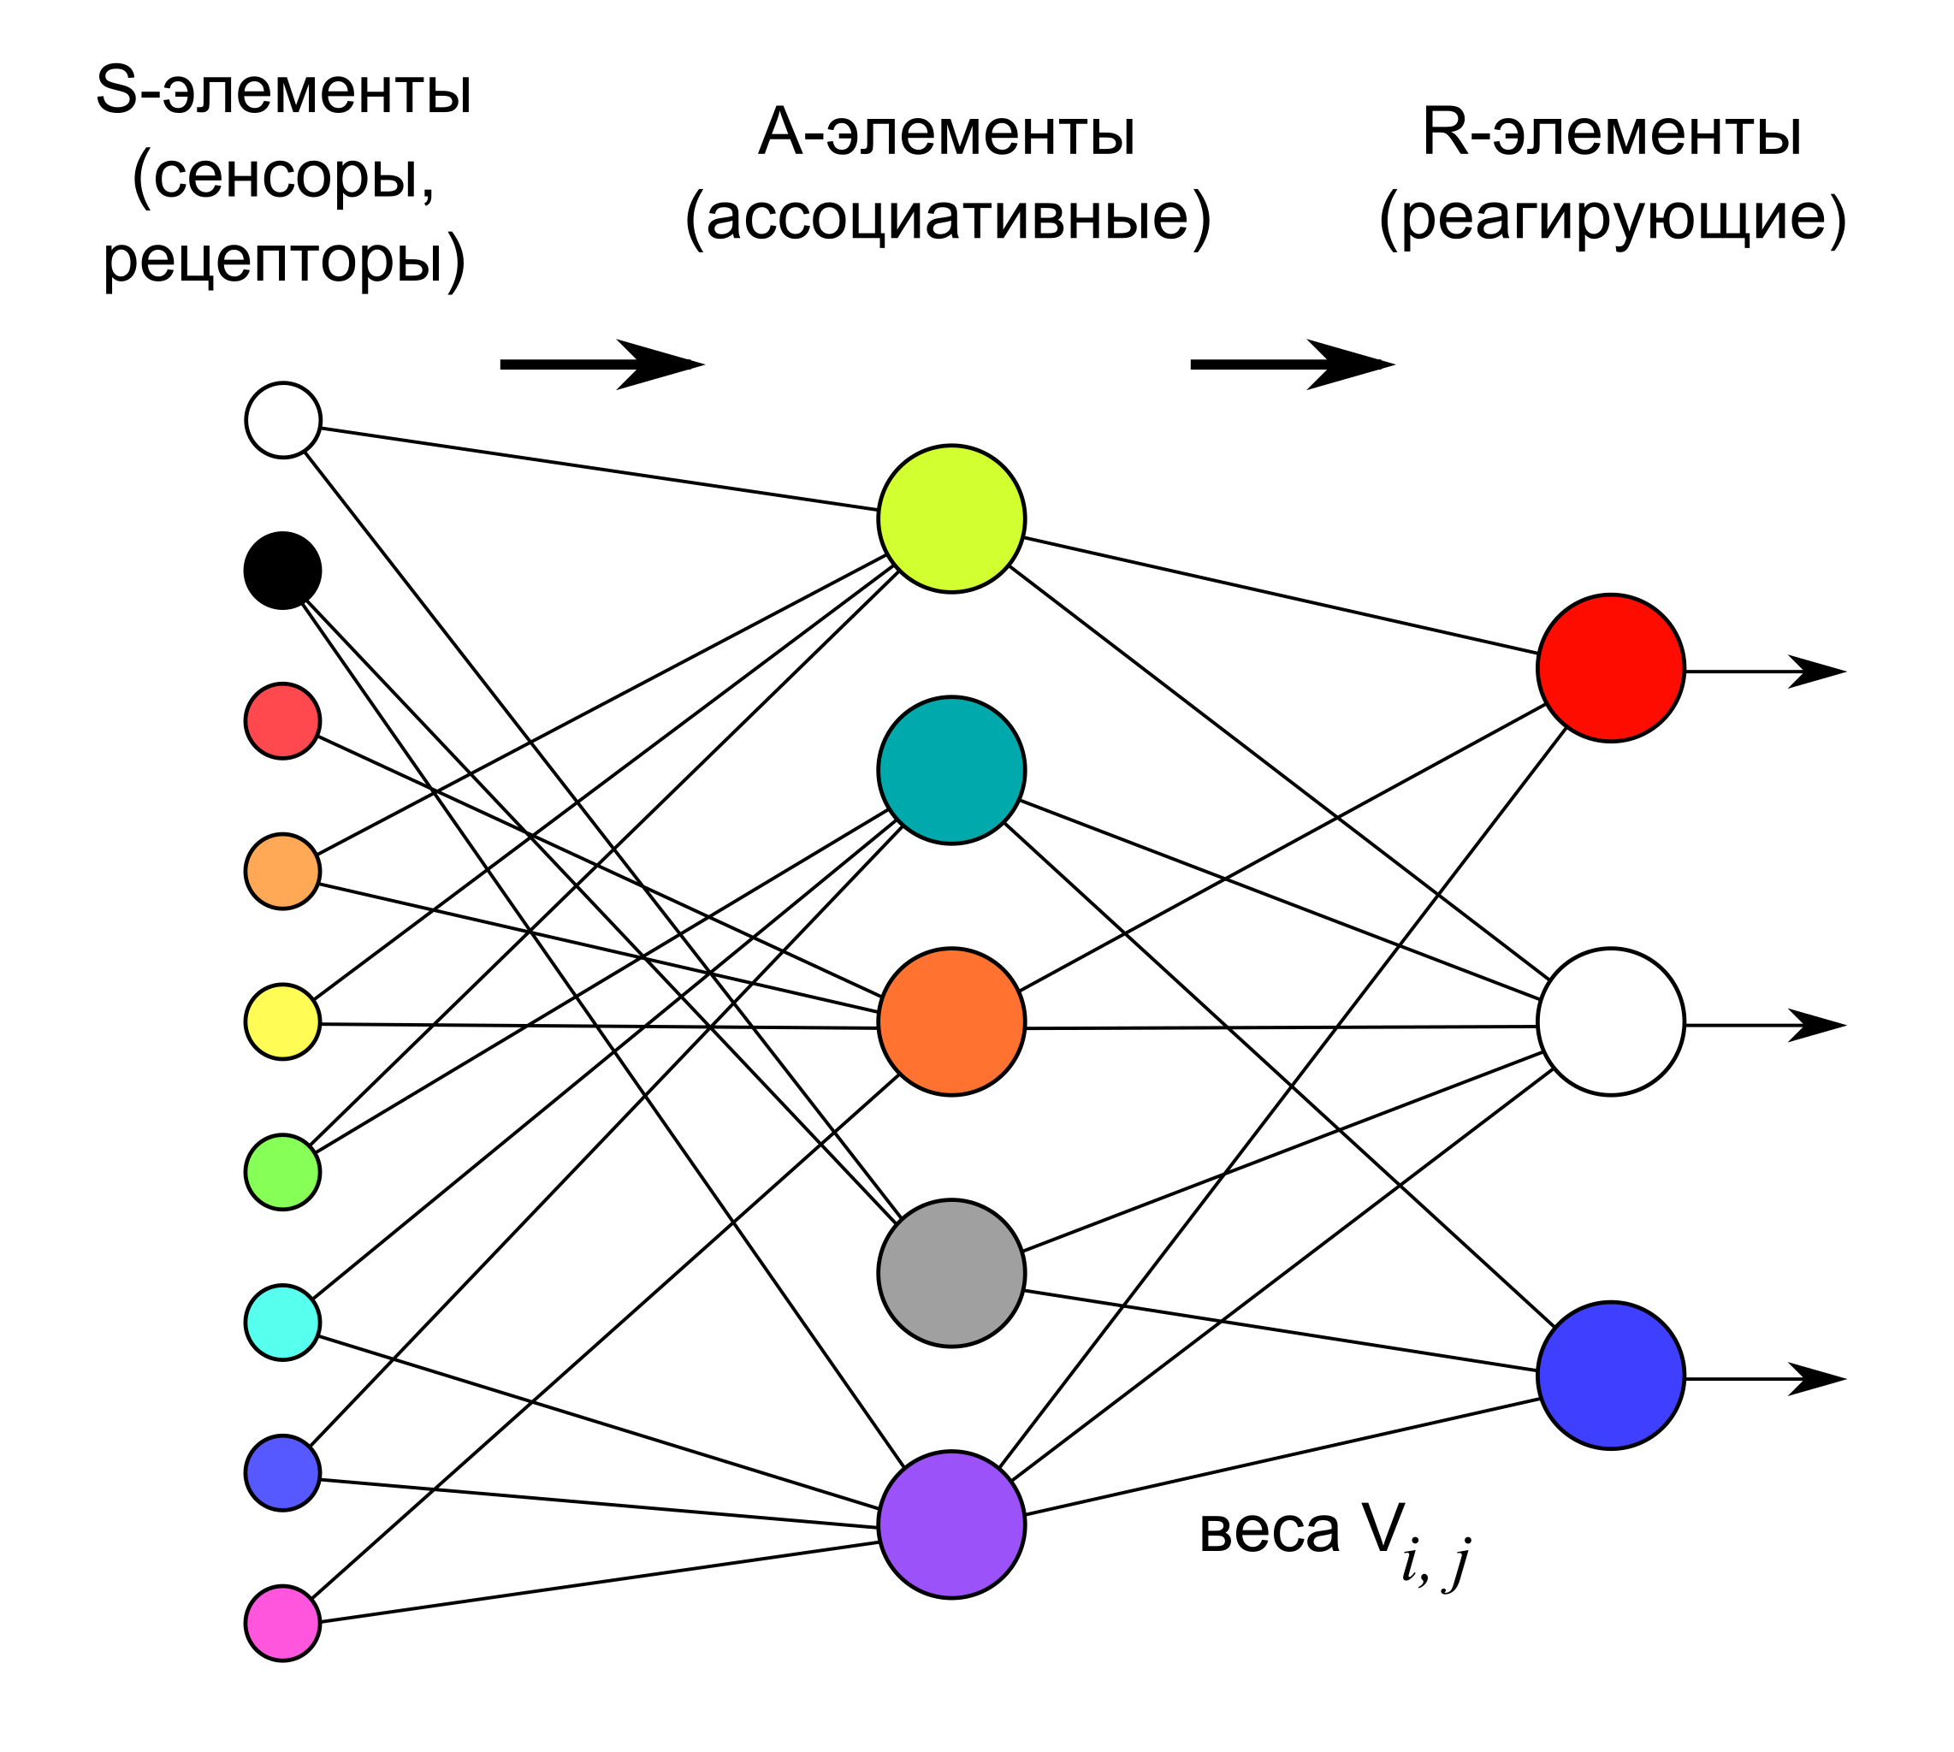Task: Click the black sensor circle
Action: click(282, 571)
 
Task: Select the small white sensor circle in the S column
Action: click(282, 420)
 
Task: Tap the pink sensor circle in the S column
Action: click(282, 1623)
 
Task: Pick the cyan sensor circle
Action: click(282, 1323)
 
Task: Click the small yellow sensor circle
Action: click(282, 1021)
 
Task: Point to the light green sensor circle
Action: click(282, 1173)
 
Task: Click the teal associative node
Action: click(951, 770)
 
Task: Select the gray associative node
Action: click(951, 1273)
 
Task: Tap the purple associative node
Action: click(951, 1524)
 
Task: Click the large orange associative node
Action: click(951, 1021)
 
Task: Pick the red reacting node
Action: click(1610, 668)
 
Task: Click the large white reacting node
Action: click(1610, 1021)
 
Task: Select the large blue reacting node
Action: click(1610, 1376)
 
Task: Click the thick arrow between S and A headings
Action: click(601, 364)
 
